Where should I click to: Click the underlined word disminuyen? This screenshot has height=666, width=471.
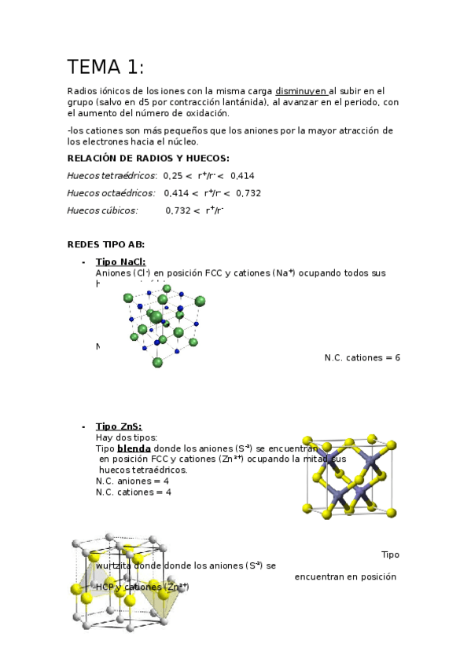tap(301, 91)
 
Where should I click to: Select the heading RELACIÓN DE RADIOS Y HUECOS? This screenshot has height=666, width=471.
tap(148, 158)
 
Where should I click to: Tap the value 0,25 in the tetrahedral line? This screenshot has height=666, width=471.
tap(172, 176)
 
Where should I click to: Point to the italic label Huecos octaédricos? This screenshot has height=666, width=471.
tap(111, 193)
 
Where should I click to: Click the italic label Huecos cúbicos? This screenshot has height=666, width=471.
tap(102, 210)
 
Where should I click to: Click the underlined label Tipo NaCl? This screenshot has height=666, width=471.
tap(120, 262)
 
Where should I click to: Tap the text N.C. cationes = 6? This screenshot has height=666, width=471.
tap(362, 358)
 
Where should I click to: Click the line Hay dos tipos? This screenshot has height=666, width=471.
tap(127, 437)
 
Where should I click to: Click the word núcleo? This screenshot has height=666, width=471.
tap(181, 142)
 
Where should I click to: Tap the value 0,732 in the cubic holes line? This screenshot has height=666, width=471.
tap(178, 210)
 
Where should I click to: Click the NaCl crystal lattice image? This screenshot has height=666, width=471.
tap(164, 324)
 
